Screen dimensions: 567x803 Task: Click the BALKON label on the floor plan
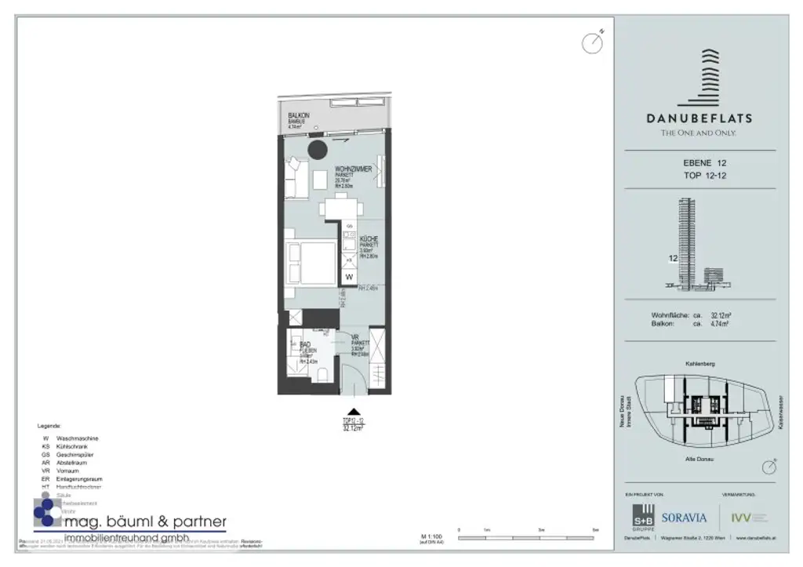pos(299,116)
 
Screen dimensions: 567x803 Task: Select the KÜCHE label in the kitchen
pos(369,238)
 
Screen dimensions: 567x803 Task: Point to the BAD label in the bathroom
pos(305,344)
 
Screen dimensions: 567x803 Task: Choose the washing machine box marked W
pos(349,277)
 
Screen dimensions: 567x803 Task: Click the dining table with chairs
pos(343,208)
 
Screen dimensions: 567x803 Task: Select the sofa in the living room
pos(296,177)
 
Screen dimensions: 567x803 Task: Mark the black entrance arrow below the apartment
pos(354,411)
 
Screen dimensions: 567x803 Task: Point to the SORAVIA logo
pos(684,518)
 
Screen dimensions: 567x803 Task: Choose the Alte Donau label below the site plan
pos(699,457)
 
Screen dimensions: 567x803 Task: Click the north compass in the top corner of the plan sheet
pos(592,42)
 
